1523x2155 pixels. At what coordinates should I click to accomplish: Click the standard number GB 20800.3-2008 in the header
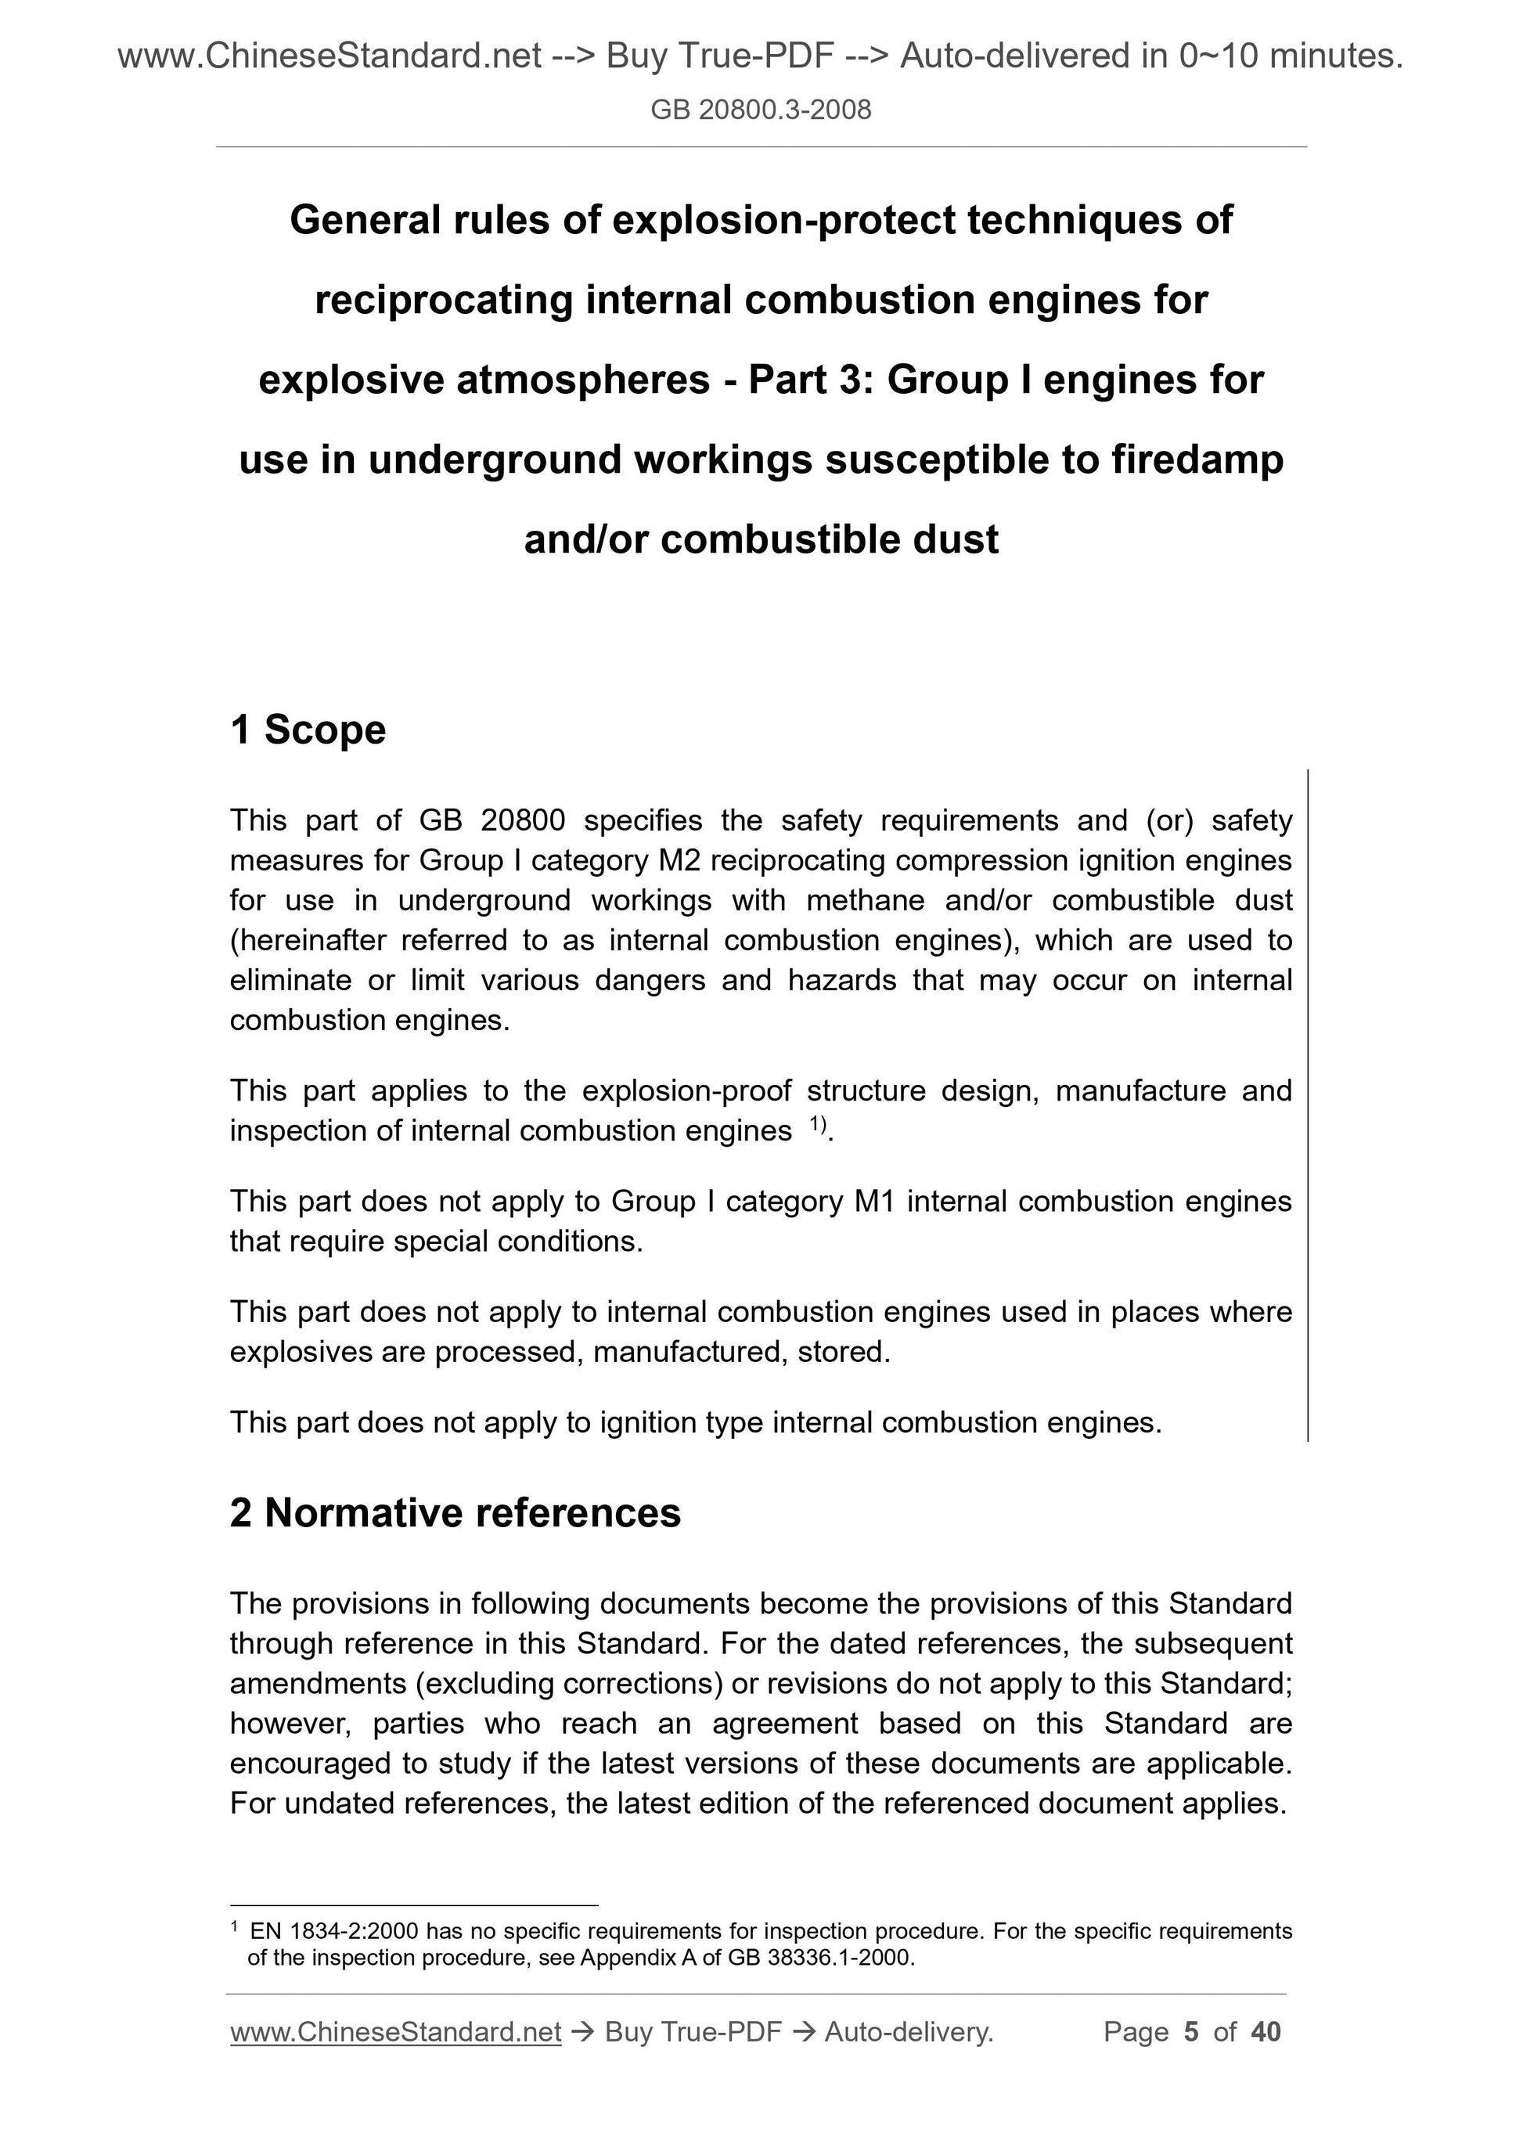click(760, 110)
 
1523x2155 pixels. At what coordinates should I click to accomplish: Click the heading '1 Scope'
click(308, 730)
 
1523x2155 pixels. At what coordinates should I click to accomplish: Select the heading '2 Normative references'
click(455, 1513)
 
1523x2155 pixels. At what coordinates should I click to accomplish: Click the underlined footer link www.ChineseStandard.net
click(395, 2032)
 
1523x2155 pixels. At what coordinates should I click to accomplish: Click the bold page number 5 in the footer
click(1192, 2032)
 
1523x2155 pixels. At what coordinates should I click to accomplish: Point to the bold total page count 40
click(1266, 2032)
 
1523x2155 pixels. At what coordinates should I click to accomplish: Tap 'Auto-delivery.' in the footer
click(909, 2032)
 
